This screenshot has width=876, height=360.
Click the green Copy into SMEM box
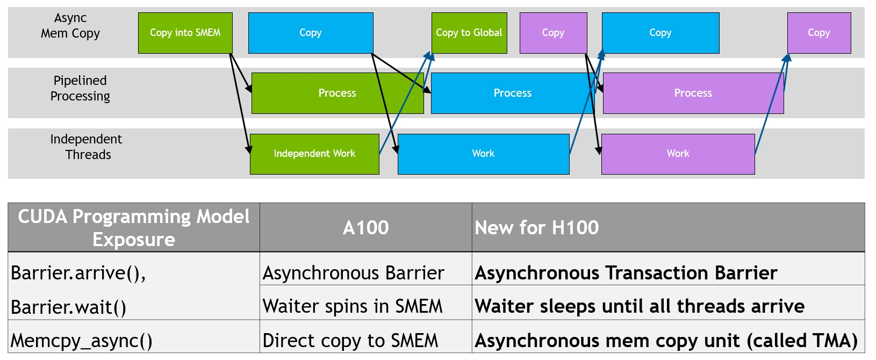[x=185, y=33]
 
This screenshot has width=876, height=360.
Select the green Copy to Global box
[x=469, y=33]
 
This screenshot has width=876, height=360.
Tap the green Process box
[x=337, y=93]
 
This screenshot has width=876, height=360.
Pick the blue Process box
[x=512, y=93]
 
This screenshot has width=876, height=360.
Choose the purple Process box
[x=693, y=93]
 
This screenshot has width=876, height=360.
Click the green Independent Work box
[x=314, y=154]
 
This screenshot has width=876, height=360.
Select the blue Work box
[x=483, y=154]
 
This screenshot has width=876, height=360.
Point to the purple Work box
[x=678, y=154]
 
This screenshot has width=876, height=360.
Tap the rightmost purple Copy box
[x=818, y=33]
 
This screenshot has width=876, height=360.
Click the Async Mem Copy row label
[x=70, y=26]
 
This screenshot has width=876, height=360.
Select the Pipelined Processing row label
[x=80, y=88]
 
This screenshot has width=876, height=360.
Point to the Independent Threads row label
[x=86, y=147]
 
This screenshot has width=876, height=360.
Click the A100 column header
[x=365, y=228]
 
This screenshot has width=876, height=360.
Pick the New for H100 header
[x=536, y=228]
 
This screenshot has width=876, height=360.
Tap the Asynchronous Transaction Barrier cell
[x=626, y=273]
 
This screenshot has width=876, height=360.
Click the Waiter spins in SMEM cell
[x=353, y=306]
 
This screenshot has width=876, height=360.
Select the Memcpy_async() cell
[x=82, y=341]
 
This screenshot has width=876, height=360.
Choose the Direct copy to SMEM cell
[x=350, y=341]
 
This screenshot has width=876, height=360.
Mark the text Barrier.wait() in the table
[x=69, y=307]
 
